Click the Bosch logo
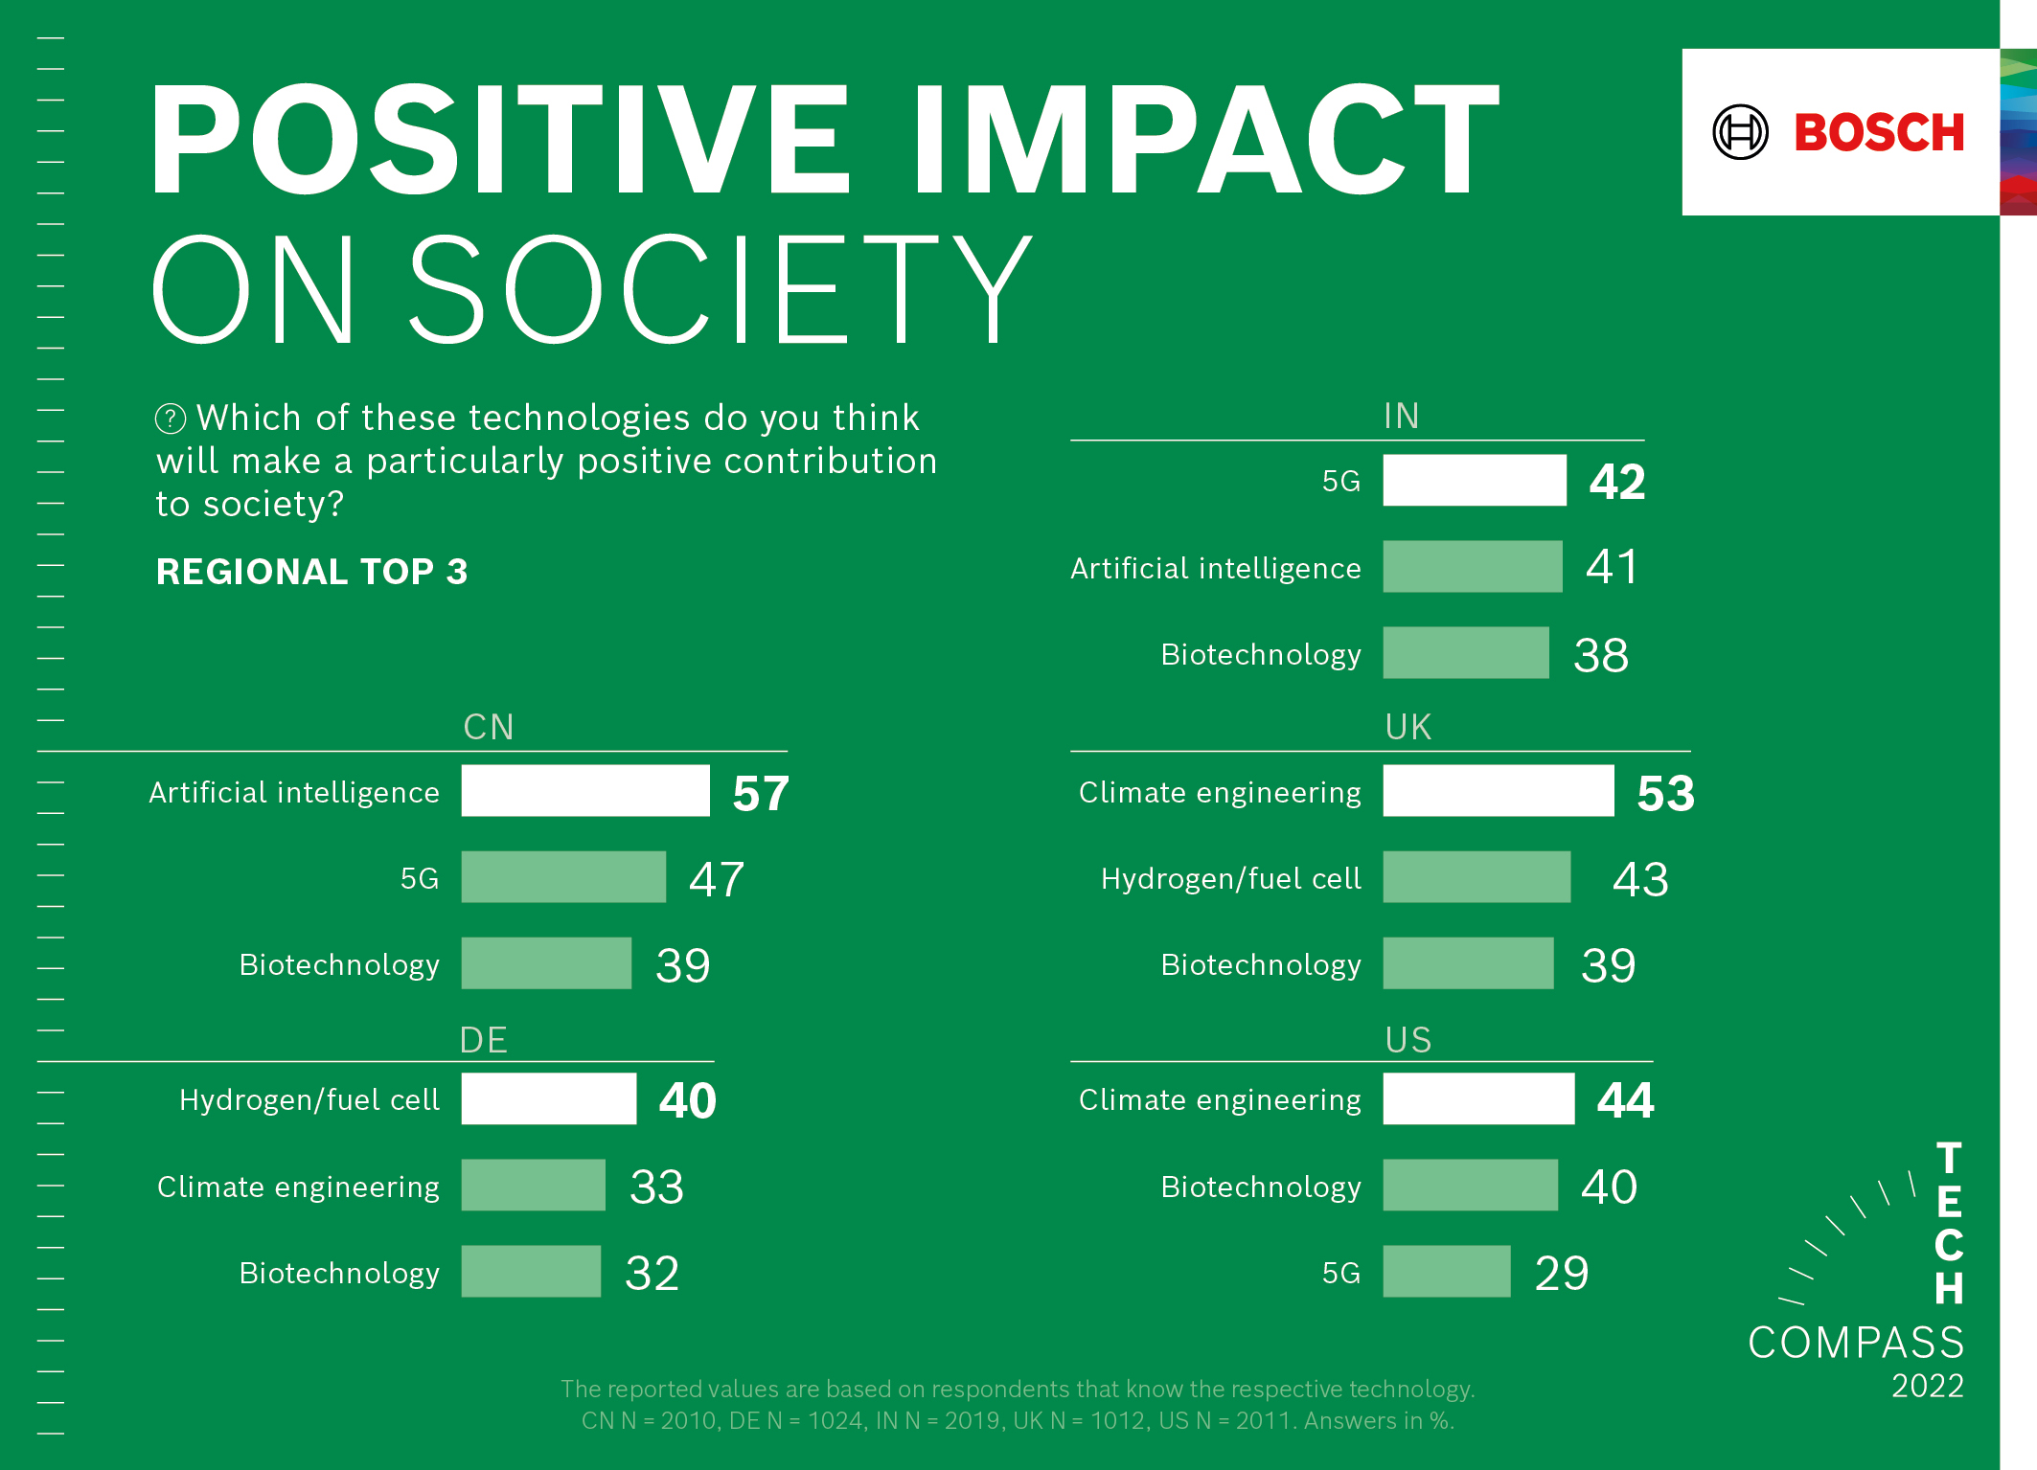click(x=1839, y=132)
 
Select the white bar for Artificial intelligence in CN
click(x=585, y=791)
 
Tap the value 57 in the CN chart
click(x=761, y=794)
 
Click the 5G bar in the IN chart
click(x=1474, y=481)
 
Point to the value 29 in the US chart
click(x=1561, y=1273)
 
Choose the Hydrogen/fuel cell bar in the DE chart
click(x=548, y=1098)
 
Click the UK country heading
click(x=1408, y=728)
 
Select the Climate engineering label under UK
click(x=1219, y=793)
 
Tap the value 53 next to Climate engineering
click(x=1665, y=794)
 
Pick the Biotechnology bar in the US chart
click(x=1470, y=1186)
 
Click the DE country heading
click(x=483, y=1040)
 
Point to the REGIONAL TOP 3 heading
click(x=311, y=572)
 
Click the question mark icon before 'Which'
click(x=171, y=418)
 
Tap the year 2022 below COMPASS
click(x=1927, y=1386)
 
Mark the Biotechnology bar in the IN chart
click(x=1465, y=653)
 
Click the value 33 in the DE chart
click(x=656, y=1187)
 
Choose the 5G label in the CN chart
click(x=420, y=878)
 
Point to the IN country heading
click(x=1401, y=417)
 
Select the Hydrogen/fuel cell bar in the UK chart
click(x=1476, y=877)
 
